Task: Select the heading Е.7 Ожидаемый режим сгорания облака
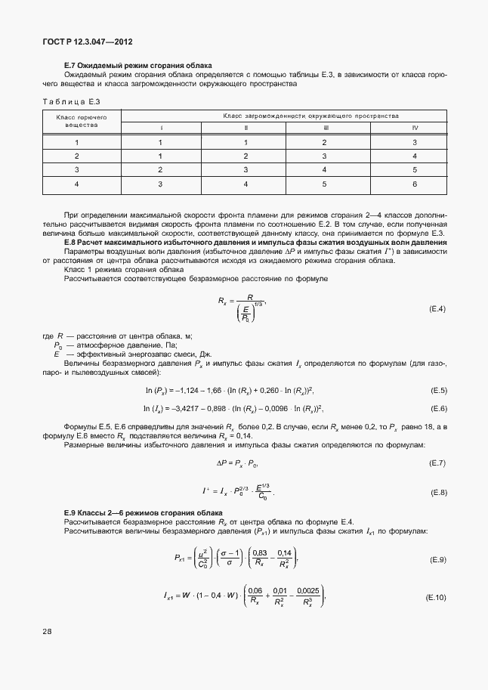point(138,66)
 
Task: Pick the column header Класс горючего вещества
point(76,122)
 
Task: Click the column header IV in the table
point(415,128)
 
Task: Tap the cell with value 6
point(415,184)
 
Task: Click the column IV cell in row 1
point(415,142)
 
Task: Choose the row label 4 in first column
point(76,184)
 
